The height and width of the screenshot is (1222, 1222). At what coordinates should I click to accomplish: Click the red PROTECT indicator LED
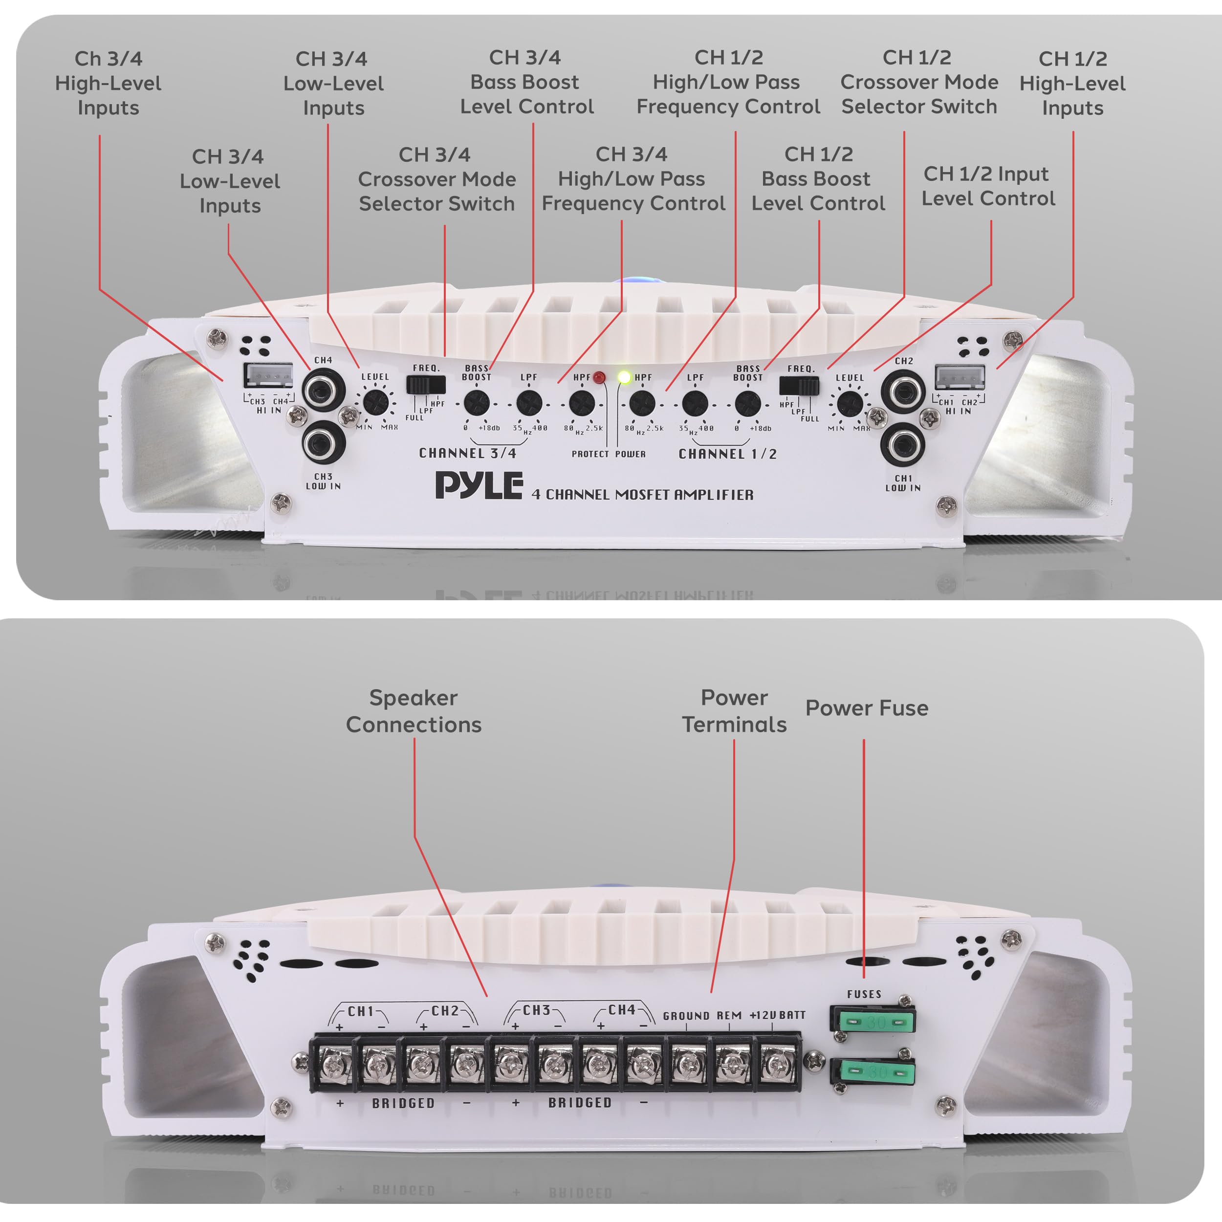(x=598, y=378)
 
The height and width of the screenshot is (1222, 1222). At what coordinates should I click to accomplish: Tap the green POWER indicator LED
(x=624, y=378)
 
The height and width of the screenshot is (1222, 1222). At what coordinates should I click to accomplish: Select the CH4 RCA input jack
(x=323, y=390)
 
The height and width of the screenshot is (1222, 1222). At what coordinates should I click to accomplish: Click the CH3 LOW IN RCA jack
(x=323, y=443)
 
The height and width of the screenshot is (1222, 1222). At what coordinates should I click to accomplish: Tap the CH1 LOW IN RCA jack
(x=903, y=445)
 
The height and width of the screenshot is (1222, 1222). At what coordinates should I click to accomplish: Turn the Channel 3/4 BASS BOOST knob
(x=476, y=403)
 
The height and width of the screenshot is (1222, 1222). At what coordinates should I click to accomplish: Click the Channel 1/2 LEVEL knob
(x=850, y=404)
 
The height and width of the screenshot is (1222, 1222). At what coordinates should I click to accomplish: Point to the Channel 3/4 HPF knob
(x=581, y=403)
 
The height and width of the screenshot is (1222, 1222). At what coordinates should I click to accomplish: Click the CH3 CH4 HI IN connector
(x=268, y=376)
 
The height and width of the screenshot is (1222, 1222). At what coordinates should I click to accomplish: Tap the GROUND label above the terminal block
(x=686, y=1016)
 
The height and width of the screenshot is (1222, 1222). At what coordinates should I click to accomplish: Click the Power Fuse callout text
(x=867, y=708)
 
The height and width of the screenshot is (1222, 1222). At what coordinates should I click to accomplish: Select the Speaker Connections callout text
(x=414, y=711)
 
